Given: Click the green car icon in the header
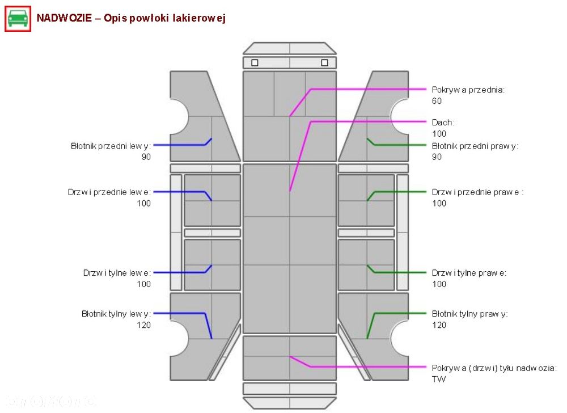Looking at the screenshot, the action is (x=18, y=19).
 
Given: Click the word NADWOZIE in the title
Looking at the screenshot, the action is (x=65, y=18).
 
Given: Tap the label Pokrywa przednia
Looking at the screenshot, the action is (x=468, y=90).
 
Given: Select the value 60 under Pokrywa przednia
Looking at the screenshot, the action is (x=437, y=101).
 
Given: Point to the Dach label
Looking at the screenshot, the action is (x=443, y=123).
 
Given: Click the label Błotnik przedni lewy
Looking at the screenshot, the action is (x=111, y=146).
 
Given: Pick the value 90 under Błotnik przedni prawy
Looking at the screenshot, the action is (x=437, y=157).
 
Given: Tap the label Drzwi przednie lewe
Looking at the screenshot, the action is (x=109, y=192).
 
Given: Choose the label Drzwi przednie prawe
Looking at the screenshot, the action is (x=477, y=192).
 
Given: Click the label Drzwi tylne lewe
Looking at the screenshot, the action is (x=117, y=273).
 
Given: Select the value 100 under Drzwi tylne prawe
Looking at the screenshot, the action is (x=439, y=284).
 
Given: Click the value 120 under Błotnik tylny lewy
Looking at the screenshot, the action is (x=143, y=324).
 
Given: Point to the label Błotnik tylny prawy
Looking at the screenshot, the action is (x=469, y=314).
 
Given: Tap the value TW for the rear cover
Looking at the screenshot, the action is (x=439, y=379).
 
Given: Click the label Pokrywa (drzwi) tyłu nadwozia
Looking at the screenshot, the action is (x=494, y=368).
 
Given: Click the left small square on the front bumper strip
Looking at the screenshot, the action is (x=255, y=62).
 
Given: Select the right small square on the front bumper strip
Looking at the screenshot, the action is (x=324, y=62).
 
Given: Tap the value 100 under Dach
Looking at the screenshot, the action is (x=439, y=134).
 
